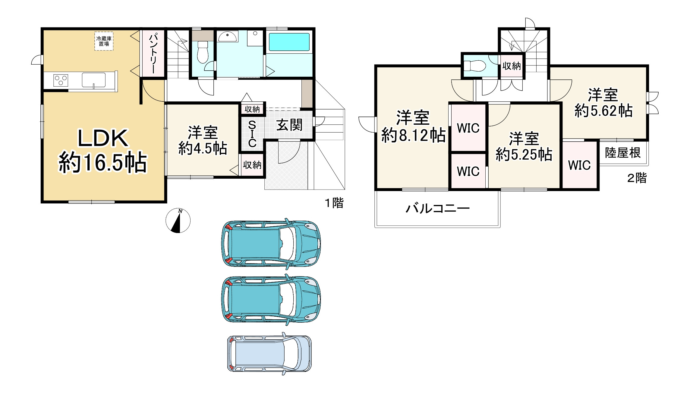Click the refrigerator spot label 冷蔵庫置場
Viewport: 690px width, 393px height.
104,41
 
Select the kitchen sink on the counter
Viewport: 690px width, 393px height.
94,80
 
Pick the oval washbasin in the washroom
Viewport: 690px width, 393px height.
228,37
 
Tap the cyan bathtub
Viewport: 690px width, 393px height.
289,42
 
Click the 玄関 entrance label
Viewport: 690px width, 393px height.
289,125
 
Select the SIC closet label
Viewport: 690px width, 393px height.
252,134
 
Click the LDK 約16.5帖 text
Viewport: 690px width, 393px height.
103,151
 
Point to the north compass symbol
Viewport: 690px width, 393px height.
178,220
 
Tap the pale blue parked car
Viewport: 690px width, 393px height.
269,353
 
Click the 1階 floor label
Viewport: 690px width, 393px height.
334,203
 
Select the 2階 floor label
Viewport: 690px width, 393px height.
637,178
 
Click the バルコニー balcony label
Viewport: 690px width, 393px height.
438,208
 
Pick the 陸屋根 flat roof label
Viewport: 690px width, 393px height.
623,153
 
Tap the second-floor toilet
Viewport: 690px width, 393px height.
474,65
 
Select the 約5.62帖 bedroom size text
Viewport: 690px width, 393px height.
603,110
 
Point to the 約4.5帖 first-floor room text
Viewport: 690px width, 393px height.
203,148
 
